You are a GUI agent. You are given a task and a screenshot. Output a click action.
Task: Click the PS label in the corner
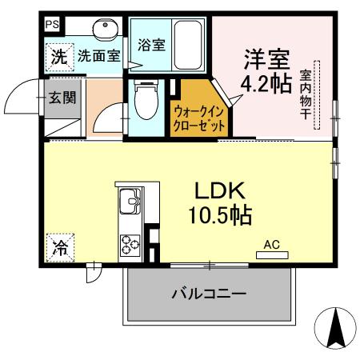coord(50,24)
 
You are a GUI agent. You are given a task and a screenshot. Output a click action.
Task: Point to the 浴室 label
coord(151,44)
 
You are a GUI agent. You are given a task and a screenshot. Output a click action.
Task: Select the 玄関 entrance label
coord(60,98)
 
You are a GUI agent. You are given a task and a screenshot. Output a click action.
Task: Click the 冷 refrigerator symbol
coord(59,247)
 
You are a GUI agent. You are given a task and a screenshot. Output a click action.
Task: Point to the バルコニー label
coord(208,294)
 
